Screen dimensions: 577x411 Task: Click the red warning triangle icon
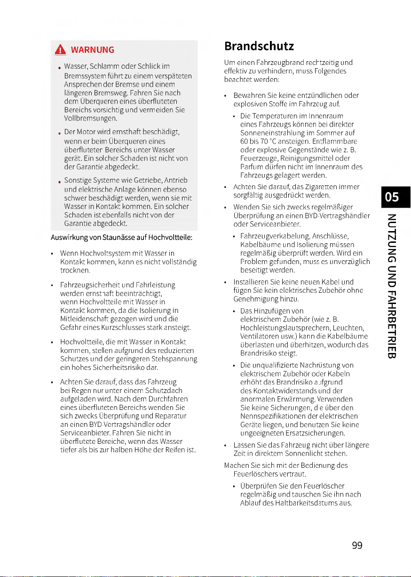[x=60, y=49]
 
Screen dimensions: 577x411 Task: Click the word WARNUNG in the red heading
[x=92, y=50]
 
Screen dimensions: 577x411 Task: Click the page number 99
[x=357, y=545]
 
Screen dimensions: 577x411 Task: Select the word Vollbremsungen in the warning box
[x=88, y=120]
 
